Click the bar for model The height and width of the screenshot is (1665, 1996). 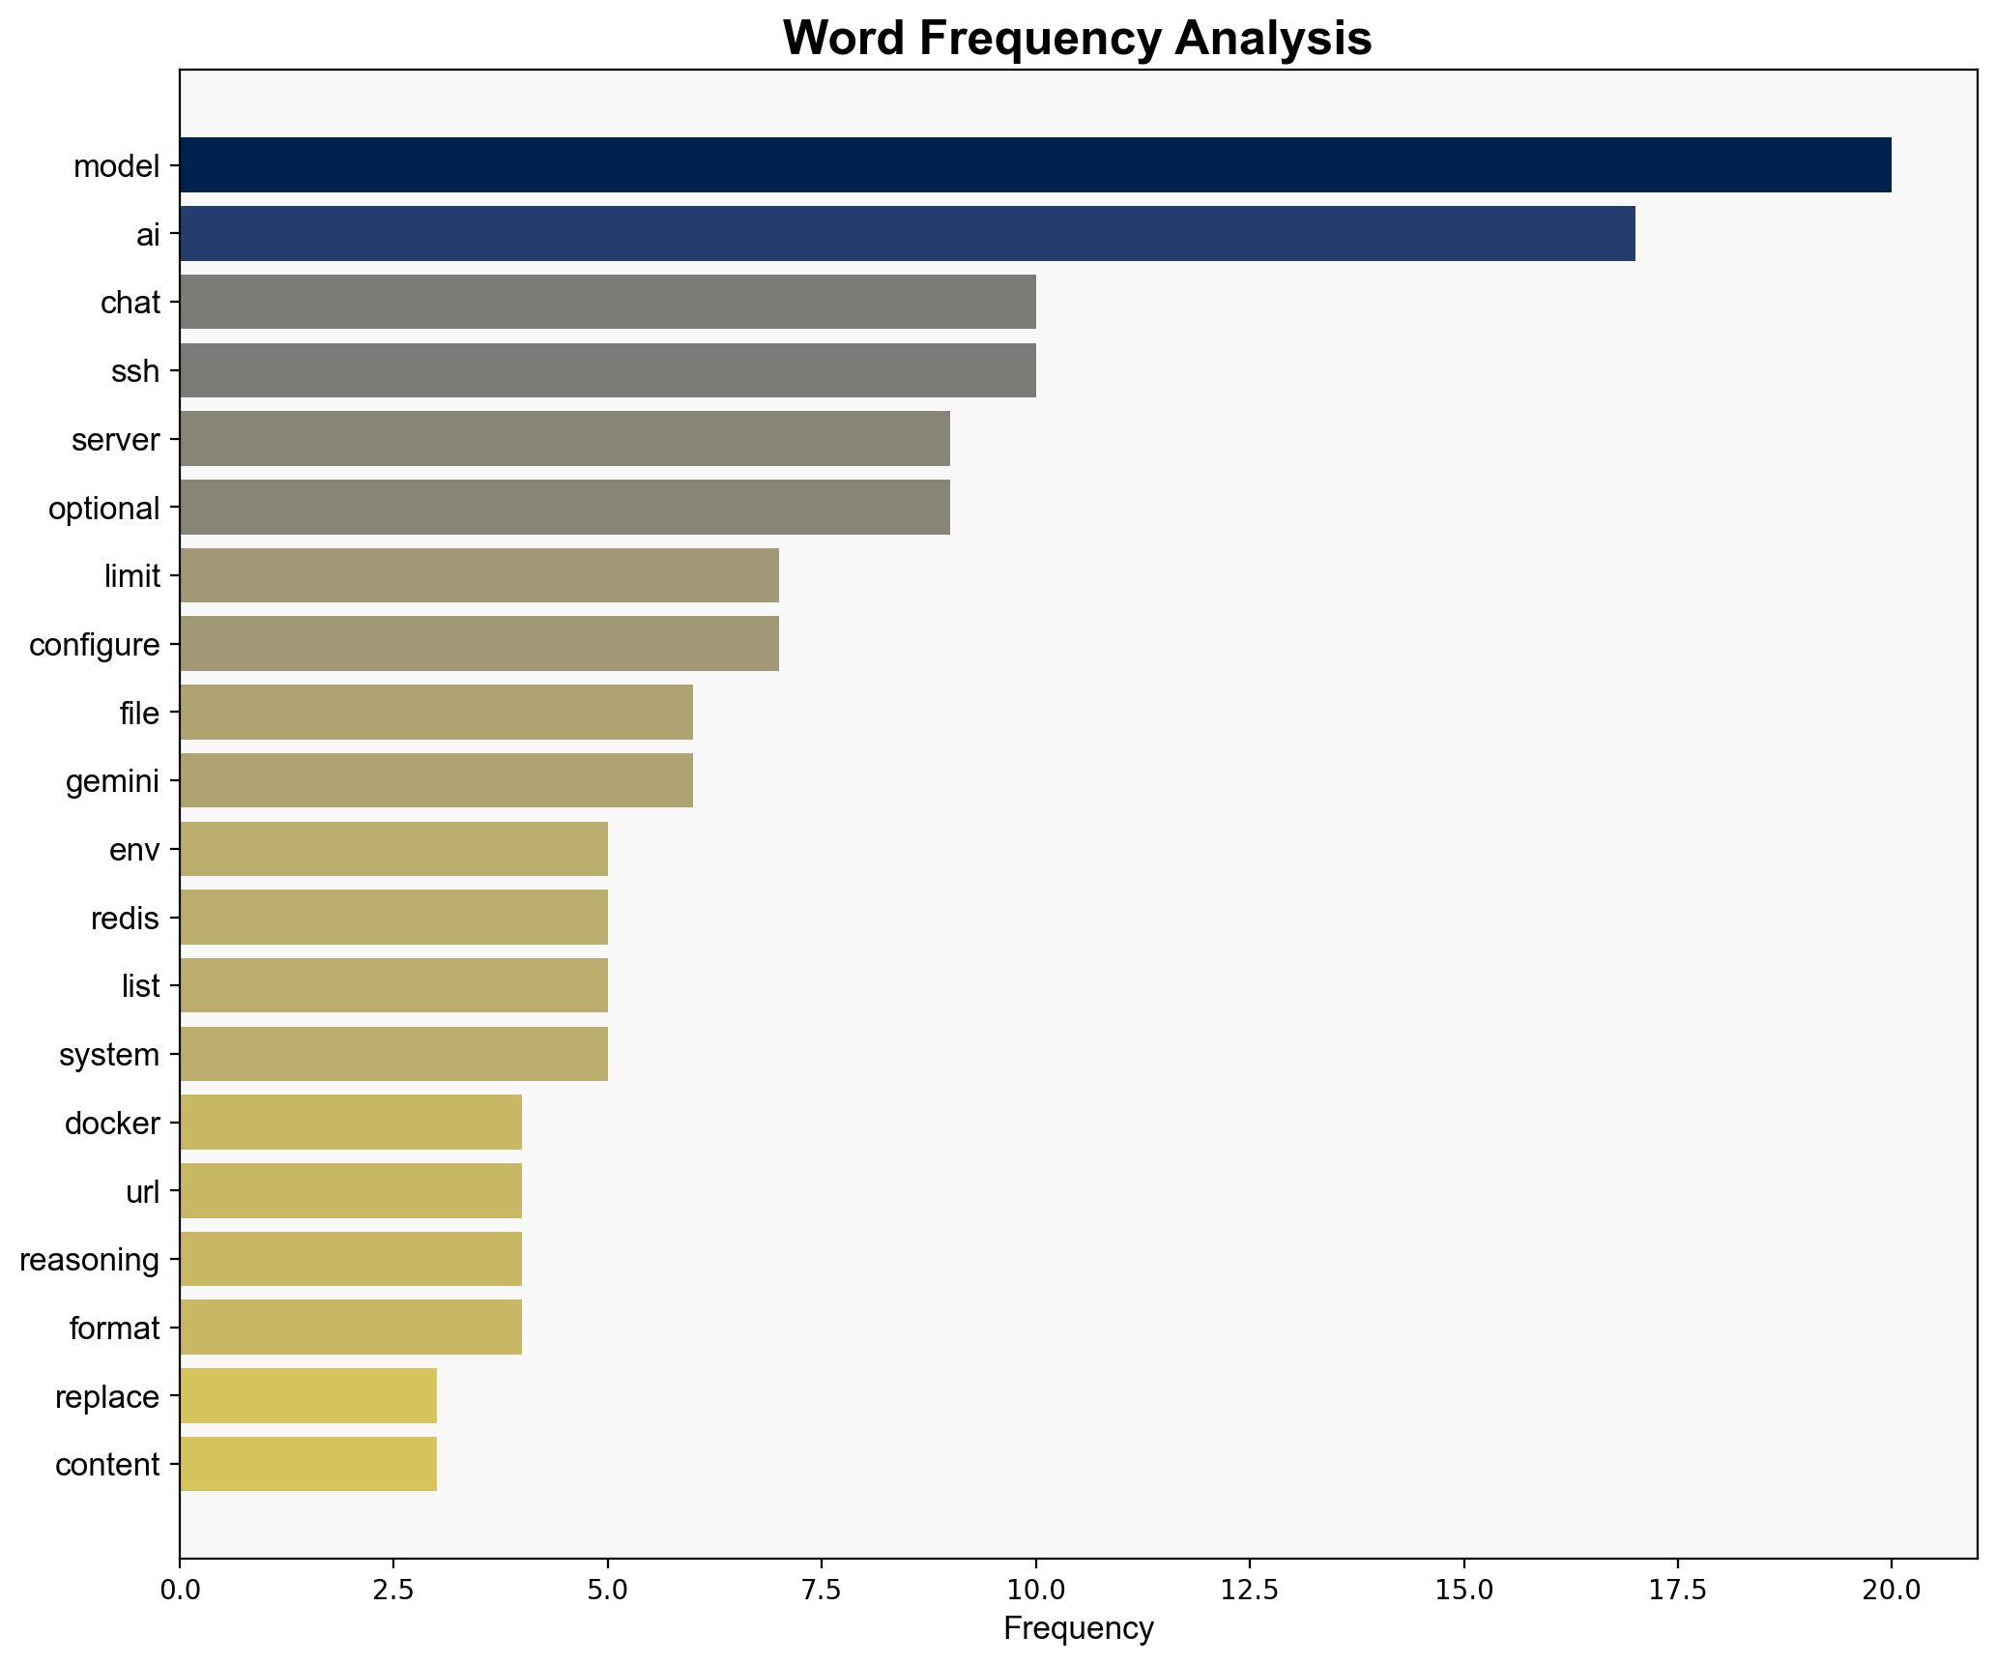tap(1034, 165)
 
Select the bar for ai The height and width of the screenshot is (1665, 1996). tap(907, 234)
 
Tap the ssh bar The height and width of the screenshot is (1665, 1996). tap(607, 370)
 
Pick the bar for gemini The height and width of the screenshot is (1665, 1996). tap(436, 780)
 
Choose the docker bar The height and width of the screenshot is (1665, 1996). tap(350, 1123)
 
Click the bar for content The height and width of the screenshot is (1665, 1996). tap(307, 1464)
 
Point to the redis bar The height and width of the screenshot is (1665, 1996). tap(393, 917)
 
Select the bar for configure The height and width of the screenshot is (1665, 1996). tap(478, 644)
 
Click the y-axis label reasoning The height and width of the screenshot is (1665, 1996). tap(90, 1260)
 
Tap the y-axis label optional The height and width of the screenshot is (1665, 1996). tap(104, 508)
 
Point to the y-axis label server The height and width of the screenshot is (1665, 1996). tap(115, 440)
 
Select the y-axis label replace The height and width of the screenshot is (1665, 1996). tap(107, 1396)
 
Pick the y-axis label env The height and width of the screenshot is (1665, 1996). tap(134, 849)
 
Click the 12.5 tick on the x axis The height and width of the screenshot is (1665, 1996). tap(1250, 1589)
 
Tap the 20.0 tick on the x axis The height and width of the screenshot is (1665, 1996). tap(1892, 1589)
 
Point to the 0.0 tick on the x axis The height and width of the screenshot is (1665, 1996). tap(180, 1589)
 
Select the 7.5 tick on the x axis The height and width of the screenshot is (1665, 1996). tap(822, 1589)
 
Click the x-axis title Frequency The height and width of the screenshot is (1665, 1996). tap(1078, 1629)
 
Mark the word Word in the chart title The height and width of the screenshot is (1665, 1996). tap(843, 40)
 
